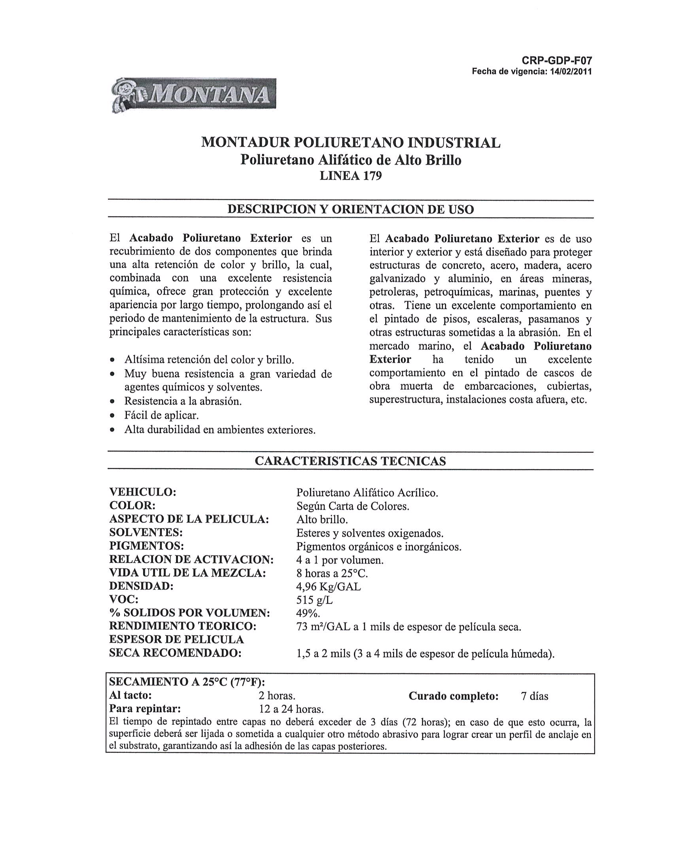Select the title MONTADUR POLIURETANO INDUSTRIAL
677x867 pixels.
coord(351,142)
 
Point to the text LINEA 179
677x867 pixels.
coord(351,176)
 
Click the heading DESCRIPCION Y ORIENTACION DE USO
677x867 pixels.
coord(351,209)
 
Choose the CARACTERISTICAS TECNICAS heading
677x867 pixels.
coord(351,461)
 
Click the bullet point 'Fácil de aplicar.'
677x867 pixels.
coord(161,415)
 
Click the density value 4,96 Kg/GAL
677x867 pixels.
coord(329,586)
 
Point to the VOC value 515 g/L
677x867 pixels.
coord(315,600)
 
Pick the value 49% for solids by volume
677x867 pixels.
coord(308,613)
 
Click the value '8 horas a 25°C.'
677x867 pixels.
coord(332,573)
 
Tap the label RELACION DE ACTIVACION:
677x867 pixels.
coord(191,560)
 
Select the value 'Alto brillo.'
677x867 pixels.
coord(322,519)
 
